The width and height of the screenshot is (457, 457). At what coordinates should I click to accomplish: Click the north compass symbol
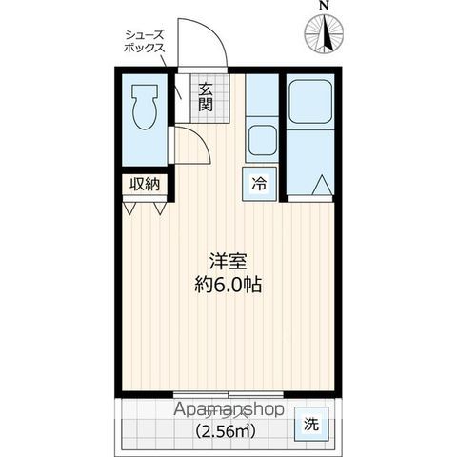(325, 36)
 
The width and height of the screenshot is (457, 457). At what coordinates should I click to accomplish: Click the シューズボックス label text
(143, 40)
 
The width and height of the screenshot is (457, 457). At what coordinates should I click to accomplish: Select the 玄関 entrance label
(206, 97)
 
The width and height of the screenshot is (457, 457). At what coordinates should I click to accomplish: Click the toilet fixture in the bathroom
(145, 105)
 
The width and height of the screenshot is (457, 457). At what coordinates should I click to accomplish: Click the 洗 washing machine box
(312, 424)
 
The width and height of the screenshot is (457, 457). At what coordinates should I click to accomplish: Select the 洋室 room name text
(228, 258)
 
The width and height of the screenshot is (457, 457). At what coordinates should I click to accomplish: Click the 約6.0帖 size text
(228, 283)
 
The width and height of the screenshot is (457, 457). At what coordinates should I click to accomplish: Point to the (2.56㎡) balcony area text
(228, 429)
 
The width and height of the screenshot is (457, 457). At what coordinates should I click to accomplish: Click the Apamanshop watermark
(228, 410)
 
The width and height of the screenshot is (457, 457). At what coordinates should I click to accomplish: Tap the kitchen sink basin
(261, 141)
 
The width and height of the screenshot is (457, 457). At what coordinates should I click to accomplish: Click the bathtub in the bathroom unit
(310, 102)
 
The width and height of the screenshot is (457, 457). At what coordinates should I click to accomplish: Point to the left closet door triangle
(133, 206)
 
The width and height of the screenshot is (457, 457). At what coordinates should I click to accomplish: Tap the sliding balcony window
(228, 392)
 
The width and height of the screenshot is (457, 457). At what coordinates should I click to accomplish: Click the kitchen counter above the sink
(260, 95)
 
